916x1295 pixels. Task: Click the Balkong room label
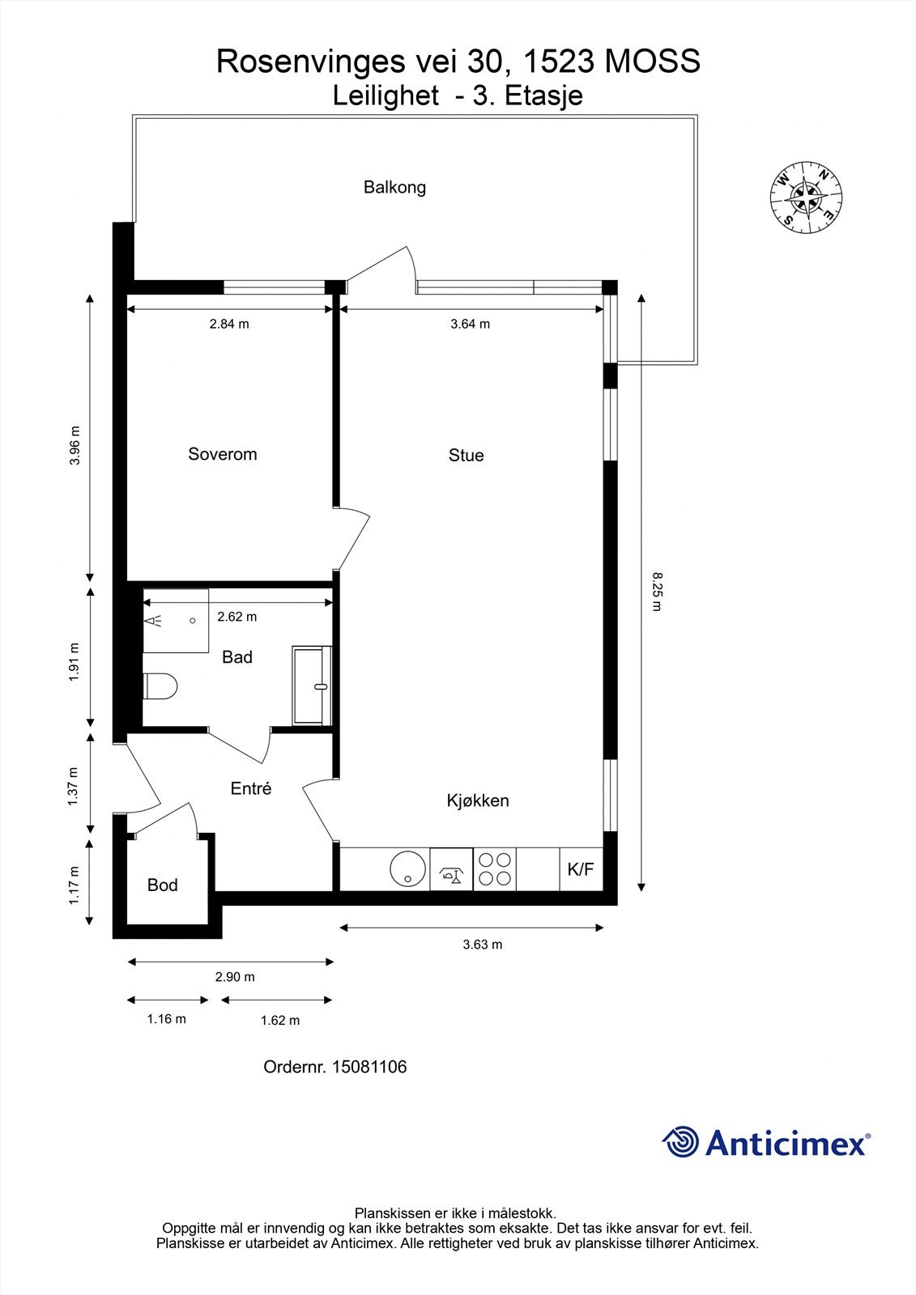coord(394,187)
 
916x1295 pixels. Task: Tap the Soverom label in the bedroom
coord(222,454)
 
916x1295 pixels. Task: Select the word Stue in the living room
coord(466,455)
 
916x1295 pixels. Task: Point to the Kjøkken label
coord(477,800)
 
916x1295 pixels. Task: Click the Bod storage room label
coord(162,885)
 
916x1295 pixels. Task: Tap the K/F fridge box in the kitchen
coord(581,869)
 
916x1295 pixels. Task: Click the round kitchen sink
coord(408,868)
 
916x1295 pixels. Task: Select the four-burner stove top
coord(495,869)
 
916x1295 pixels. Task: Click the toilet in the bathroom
coord(160,686)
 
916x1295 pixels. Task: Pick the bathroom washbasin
coord(312,686)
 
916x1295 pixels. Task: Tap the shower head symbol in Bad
coord(153,622)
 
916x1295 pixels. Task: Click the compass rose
coord(806,197)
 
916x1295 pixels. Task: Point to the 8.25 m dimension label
coord(656,591)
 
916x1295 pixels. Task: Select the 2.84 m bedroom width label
coord(229,324)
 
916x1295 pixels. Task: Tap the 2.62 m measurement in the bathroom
coord(236,616)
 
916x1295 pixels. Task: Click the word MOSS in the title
coord(652,62)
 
